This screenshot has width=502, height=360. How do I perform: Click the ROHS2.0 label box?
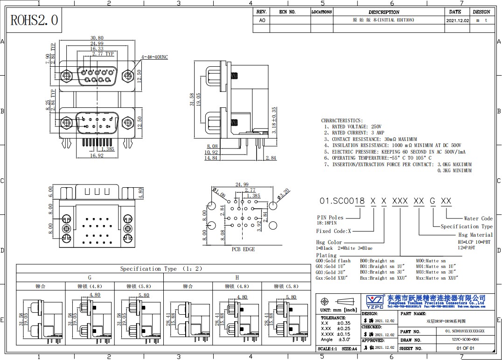coord(34,20)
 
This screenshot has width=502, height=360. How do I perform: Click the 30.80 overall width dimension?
coord(97,38)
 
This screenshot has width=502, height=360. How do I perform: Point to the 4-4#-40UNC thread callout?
coord(154,57)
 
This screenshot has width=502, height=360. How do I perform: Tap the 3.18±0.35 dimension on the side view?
coord(274,120)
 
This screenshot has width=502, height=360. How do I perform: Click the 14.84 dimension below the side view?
coord(211,158)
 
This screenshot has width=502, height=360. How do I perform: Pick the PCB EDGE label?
coord(243,249)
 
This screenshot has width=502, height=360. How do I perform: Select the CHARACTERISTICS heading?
coord(342,120)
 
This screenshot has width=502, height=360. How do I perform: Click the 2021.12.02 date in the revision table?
coord(457,21)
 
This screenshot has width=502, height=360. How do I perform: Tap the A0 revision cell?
coord(262,21)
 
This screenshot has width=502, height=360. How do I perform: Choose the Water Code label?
coord(478,219)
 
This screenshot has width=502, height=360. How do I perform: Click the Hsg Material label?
coord(475,235)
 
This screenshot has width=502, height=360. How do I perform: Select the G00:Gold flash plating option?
coord(333,261)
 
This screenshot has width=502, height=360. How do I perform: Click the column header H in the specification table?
coord(237,277)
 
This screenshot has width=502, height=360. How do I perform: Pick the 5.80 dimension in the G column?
coord(144,295)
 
